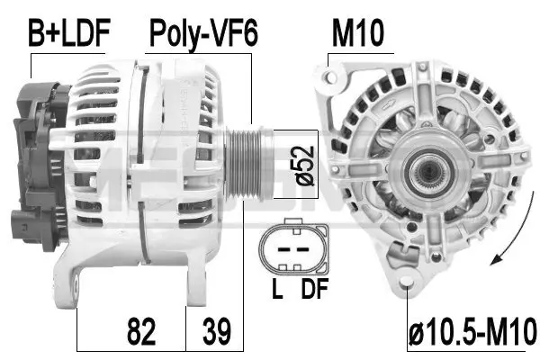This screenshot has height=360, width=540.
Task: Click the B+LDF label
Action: tap(68, 33)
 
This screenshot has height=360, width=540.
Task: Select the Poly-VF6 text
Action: tap(203, 33)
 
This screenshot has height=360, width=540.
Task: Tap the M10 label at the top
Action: tap(358, 33)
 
